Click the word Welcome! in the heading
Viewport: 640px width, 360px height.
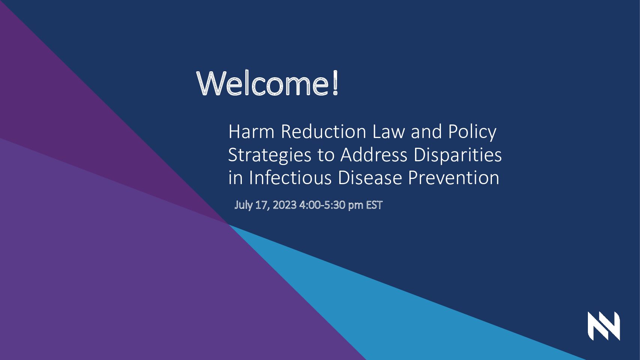(x=268, y=83)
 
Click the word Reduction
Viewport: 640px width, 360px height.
(x=324, y=132)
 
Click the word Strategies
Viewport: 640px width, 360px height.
(x=270, y=156)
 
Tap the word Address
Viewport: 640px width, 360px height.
(x=374, y=155)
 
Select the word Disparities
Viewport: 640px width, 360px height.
(x=458, y=156)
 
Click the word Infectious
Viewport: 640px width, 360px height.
(x=290, y=178)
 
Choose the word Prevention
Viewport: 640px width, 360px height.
(x=454, y=178)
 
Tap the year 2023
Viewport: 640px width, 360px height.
(x=285, y=205)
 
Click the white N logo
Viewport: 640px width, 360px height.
(x=604, y=326)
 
